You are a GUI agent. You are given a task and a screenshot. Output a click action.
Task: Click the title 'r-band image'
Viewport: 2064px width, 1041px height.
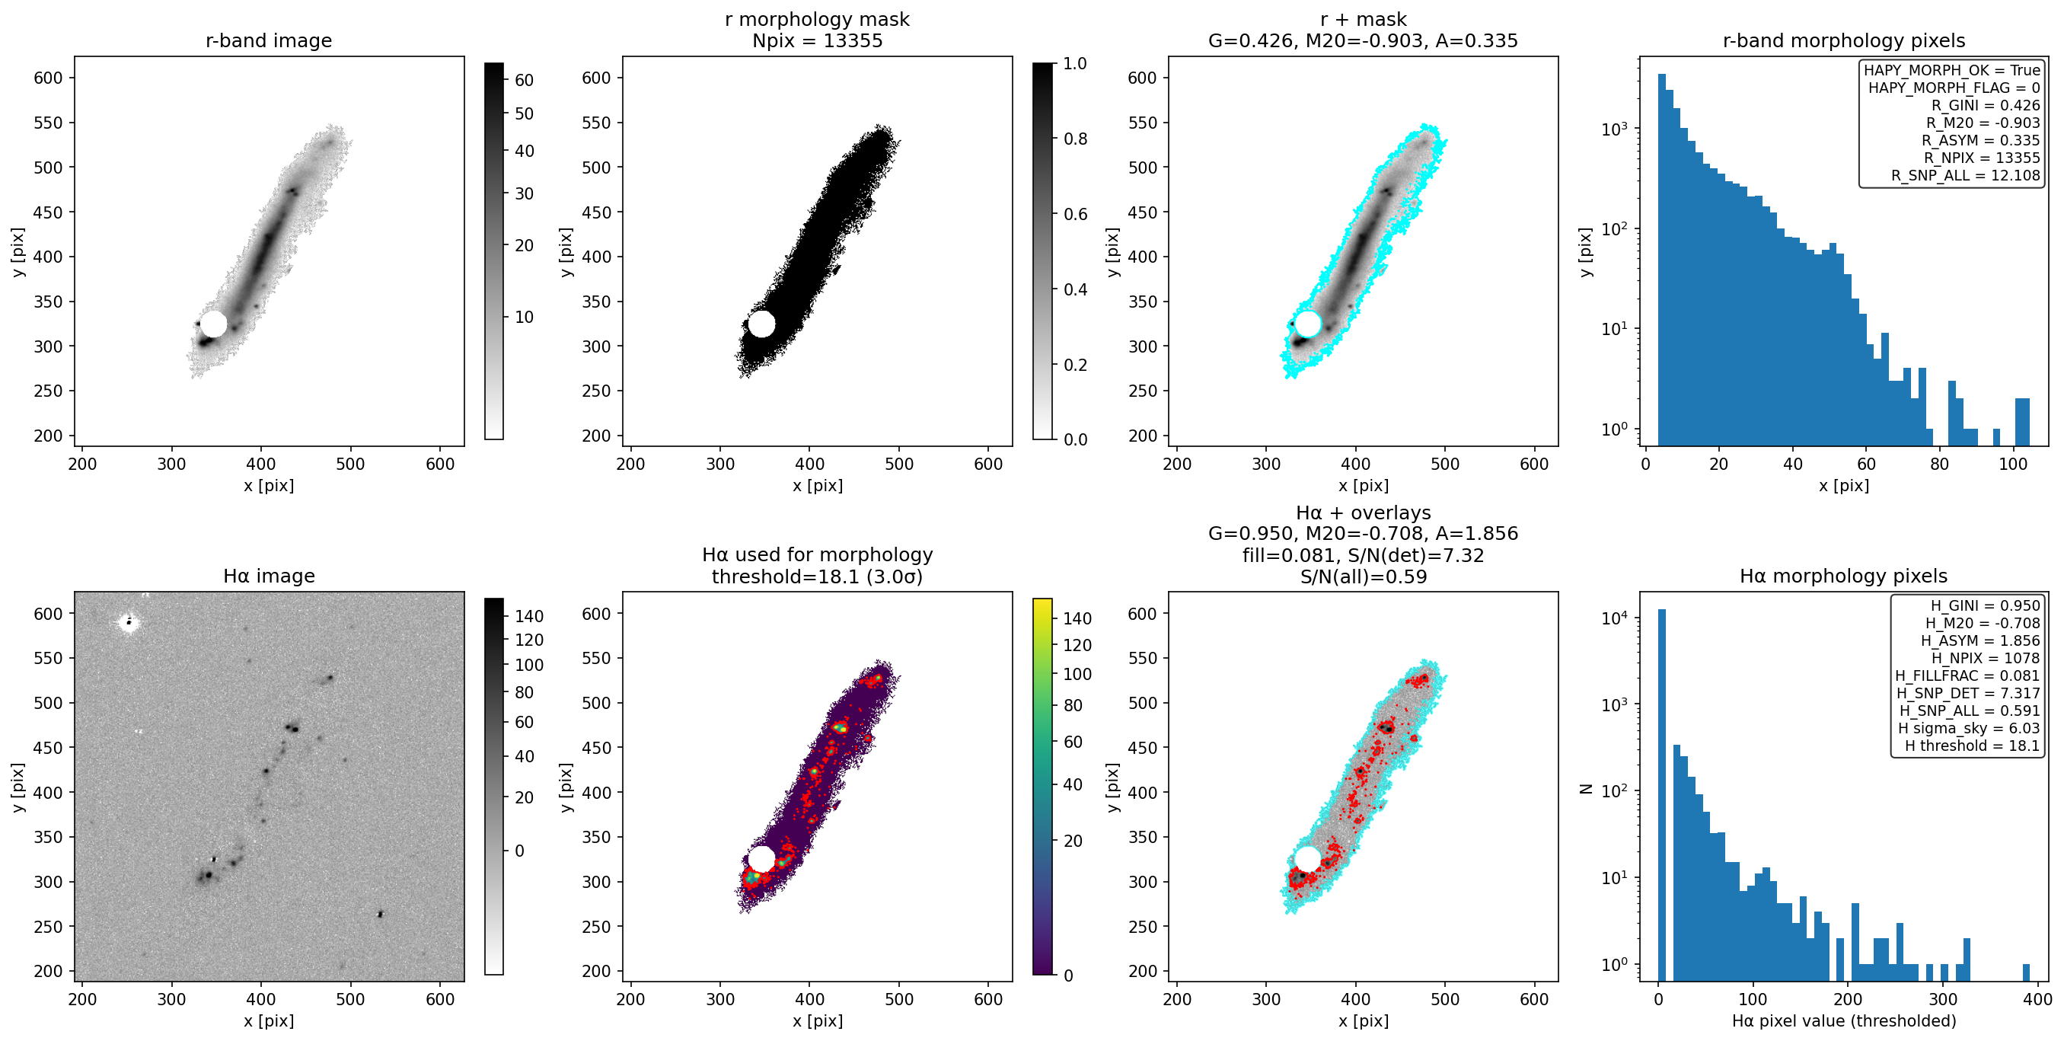tap(269, 41)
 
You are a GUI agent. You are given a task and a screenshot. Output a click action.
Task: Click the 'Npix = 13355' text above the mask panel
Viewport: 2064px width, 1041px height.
tap(817, 41)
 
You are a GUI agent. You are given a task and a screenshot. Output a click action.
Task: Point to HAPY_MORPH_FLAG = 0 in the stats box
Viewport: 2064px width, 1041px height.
tap(1954, 88)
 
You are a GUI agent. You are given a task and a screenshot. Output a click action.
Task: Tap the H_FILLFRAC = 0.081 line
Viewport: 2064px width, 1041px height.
tap(1967, 675)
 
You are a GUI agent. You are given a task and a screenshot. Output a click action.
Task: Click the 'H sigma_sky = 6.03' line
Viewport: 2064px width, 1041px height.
tap(1969, 729)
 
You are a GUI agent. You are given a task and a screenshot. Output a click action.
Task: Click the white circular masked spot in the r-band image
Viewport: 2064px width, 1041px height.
tap(214, 324)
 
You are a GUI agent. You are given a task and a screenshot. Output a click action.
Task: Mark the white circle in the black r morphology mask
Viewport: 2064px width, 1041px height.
tap(761, 324)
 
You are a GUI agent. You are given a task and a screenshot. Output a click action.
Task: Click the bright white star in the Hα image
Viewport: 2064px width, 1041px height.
tap(128, 622)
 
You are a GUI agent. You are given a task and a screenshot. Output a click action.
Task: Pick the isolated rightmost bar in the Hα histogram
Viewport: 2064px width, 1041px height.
tap(2027, 972)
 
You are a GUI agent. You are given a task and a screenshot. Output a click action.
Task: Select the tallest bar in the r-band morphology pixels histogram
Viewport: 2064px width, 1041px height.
tap(1662, 260)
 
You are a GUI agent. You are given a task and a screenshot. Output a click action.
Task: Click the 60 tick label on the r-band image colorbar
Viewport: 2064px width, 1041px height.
tap(524, 80)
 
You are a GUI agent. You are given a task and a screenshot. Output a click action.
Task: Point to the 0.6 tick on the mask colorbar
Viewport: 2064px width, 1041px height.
tap(1075, 214)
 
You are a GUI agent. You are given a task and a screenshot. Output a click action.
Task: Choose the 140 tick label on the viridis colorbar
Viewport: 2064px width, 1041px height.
tap(1077, 618)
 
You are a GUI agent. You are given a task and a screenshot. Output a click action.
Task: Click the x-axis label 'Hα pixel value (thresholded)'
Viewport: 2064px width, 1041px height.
tap(1844, 1021)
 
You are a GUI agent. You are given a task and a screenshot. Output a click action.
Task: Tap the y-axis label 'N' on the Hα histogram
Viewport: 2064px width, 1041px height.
tap(1585, 789)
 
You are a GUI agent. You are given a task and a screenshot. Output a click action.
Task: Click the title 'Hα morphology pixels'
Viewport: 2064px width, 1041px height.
tap(1844, 576)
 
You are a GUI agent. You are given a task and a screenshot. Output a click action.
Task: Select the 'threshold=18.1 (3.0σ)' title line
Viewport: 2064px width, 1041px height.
tap(817, 577)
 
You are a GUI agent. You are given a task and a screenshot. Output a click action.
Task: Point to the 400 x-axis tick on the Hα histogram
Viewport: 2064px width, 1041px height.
tap(2037, 999)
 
